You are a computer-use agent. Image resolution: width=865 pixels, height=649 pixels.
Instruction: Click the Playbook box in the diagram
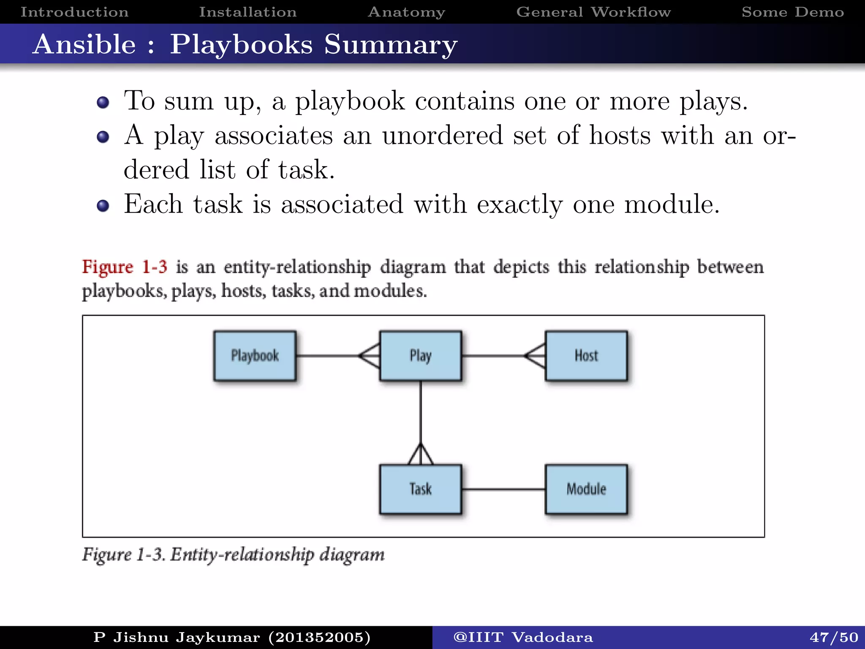(x=255, y=356)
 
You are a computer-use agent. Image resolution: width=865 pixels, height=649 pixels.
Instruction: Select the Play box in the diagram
(x=420, y=356)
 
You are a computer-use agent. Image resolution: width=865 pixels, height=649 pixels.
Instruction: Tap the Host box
(x=586, y=356)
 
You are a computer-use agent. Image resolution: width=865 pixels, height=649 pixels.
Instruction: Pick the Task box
(x=420, y=489)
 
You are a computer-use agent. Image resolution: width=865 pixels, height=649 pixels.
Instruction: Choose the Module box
(x=586, y=489)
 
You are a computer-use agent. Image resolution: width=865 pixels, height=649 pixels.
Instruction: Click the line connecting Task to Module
(x=503, y=489)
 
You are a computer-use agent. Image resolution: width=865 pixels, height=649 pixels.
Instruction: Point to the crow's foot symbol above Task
(x=420, y=455)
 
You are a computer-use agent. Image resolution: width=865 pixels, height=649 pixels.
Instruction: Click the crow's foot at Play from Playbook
(x=370, y=356)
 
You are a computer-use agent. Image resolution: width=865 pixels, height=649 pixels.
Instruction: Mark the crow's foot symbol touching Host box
(x=536, y=356)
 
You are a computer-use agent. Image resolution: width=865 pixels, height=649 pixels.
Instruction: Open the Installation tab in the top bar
(x=248, y=12)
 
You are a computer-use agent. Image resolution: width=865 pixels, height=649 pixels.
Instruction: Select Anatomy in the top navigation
(x=406, y=12)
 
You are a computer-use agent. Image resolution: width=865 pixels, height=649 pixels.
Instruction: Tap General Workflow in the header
(x=593, y=12)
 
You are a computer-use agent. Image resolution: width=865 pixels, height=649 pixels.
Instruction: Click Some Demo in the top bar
(x=793, y=12)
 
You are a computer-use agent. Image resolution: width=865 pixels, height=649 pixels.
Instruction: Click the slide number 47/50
(x=834, y=637)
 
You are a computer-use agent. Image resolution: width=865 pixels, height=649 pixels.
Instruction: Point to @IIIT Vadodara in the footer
(x=523, y=637)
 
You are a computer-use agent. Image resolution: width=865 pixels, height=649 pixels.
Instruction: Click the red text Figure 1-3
(x=125, y=267)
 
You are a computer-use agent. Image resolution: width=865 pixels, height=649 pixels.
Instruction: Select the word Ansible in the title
(x=84, y=44)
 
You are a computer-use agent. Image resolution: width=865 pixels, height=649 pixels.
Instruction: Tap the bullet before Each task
(x=103, y=206)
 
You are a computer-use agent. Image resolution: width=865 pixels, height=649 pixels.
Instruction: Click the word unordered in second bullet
(x=442, y=136)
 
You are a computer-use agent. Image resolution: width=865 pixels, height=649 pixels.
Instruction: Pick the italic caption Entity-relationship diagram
(x=277, y=555)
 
